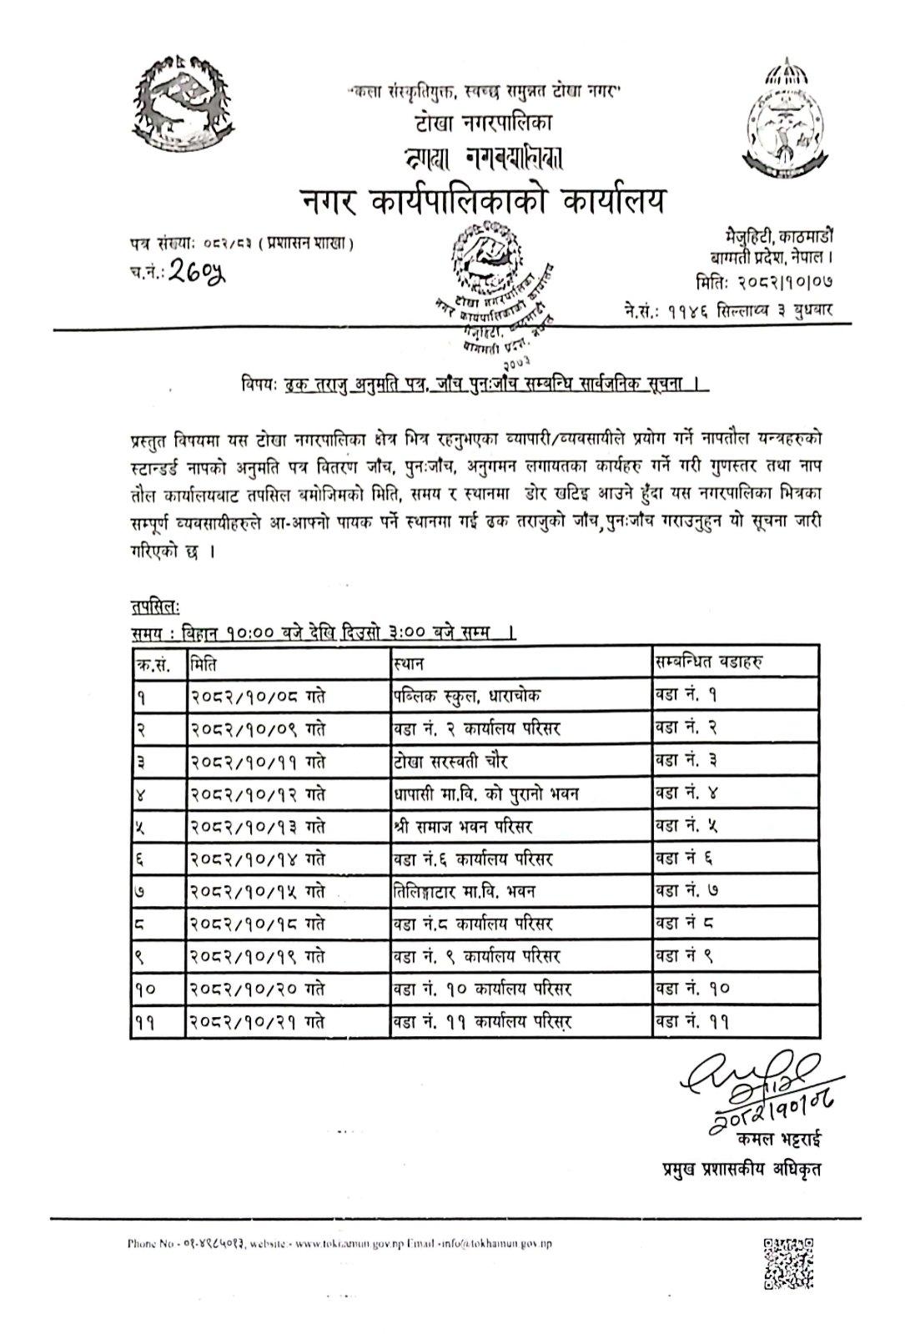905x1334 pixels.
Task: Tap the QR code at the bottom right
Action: click(x=788, y=1266)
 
